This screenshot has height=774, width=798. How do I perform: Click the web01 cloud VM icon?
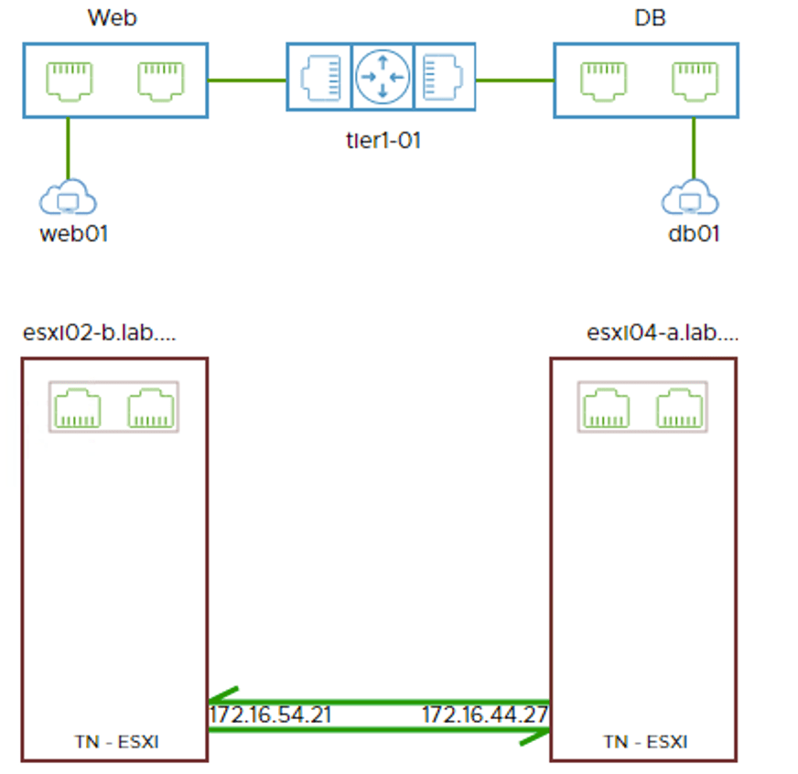point(69,198)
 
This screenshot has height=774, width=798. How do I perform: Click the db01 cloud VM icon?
point(693,198)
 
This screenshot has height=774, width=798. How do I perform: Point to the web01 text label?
point(74,233)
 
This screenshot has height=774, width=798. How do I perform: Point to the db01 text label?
point(694,233)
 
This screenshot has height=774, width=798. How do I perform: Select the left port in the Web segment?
point(70,80)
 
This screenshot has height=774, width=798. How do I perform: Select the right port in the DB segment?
point(694,80)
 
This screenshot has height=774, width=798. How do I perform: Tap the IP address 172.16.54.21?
point(270,715)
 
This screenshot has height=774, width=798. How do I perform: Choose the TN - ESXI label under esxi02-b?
point(115,742)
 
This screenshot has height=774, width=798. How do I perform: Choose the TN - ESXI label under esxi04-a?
point(644,742)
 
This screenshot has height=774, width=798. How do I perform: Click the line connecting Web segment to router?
point(247,81)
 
